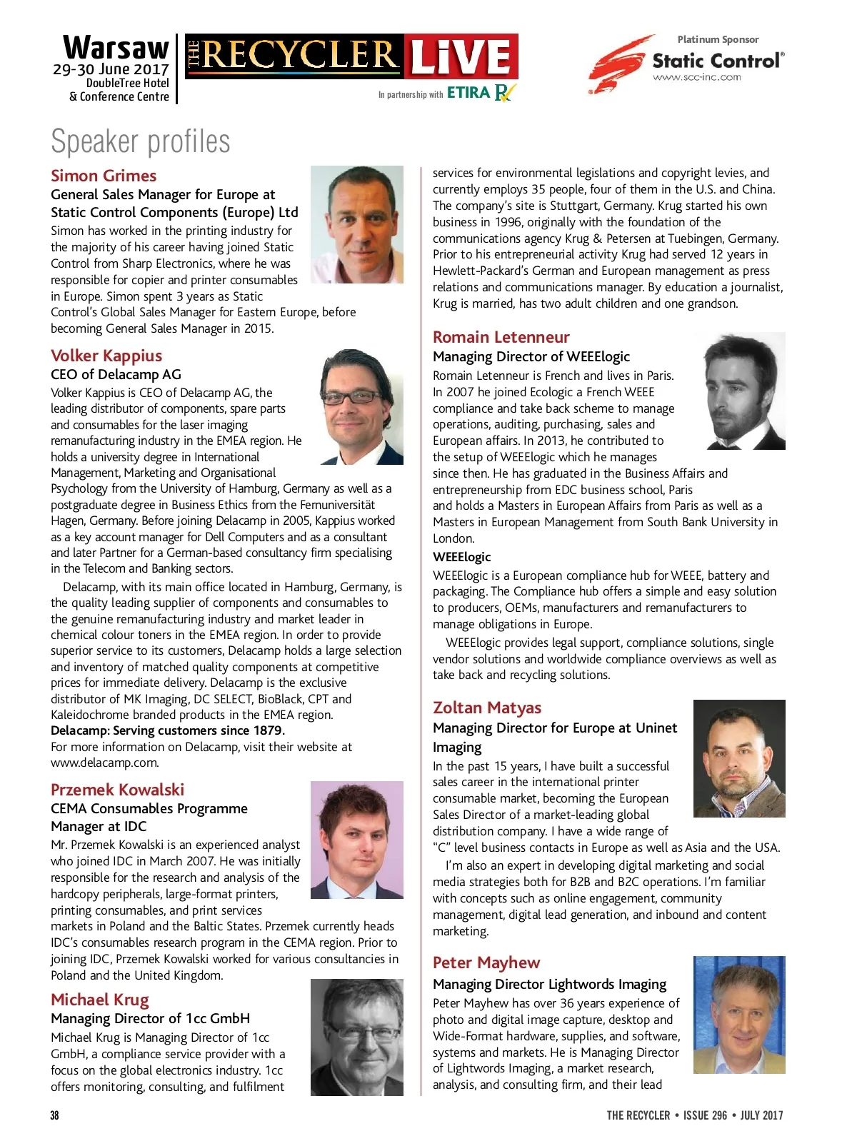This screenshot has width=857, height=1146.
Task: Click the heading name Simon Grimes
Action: coord(104,176)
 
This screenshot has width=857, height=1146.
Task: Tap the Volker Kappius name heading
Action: coord(106,356)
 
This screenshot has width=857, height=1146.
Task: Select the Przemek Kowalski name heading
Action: coord(117,790)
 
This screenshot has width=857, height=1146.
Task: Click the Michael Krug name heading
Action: coord(100,1000)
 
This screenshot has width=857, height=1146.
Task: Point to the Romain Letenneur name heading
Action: coord(501,337)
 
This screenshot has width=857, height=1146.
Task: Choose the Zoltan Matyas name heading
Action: coord(487,708)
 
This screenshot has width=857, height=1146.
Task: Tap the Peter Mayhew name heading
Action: coord(486,962)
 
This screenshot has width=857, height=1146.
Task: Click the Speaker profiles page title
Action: coord(141,141)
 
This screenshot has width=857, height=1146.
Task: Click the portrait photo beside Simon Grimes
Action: coord(357,224)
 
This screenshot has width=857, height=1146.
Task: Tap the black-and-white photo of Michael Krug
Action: coord(357,1037)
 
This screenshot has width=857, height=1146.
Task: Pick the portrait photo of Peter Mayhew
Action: coord(739,1015)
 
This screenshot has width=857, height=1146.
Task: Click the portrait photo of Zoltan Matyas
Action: coord(739,758)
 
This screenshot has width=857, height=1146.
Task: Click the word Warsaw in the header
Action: coord(116,49)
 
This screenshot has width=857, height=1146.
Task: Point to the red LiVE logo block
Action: coord(461,56)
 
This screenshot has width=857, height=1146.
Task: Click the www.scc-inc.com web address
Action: coord(697,77)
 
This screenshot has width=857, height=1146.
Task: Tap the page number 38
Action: coord(55,1115)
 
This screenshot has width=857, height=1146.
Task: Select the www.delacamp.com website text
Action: coord(104,763)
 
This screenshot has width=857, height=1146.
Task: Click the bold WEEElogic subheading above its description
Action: coord(462,557)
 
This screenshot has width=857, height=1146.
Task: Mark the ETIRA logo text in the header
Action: coord(468,93)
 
